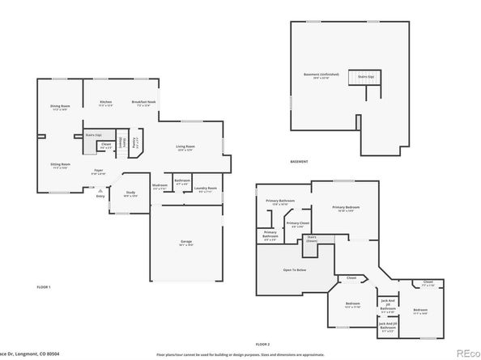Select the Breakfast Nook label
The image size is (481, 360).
coord(143,104)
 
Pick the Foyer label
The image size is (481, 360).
coord(98,172)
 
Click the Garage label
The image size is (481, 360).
coord(185,242)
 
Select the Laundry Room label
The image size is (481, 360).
coord(202,189)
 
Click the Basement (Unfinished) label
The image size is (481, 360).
coord(317,75)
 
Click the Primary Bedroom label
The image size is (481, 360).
coord(346,209)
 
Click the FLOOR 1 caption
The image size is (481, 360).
coord(44,287)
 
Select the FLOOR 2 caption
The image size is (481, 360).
coord(264,344)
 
